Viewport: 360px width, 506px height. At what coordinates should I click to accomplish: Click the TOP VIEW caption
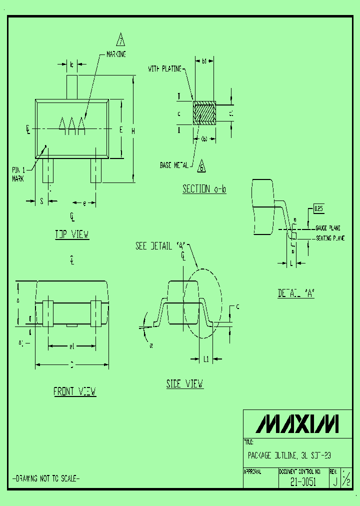coord(72,234)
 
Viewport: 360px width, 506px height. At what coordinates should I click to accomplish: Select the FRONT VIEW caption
coord(75,391)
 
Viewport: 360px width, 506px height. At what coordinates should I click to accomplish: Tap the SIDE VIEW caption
coord(185,383)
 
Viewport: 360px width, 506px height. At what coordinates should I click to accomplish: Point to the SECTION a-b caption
coord(204,189)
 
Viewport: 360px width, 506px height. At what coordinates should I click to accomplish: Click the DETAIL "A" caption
coord(296,294)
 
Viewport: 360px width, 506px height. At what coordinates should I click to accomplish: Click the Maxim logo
coord(297,423)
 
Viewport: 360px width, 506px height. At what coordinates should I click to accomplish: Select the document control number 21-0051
coord(303,483)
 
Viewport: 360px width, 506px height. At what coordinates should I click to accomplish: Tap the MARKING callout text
coord(116,54)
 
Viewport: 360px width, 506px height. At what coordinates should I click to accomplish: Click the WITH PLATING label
coord(164,69)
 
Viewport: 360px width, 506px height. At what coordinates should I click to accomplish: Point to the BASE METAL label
coord(174,164)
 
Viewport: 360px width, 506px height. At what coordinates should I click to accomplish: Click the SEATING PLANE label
coord(330,238)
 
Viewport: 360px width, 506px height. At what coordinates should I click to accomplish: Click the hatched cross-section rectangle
coord(204,113)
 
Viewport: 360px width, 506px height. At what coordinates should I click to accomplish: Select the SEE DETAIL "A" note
coord(160,246)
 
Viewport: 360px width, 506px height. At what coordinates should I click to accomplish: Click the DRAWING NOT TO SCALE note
coord(45,478)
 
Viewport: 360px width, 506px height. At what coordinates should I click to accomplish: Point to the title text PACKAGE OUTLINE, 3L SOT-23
coord(289,455)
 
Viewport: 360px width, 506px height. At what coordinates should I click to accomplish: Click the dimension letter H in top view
coord(132,130)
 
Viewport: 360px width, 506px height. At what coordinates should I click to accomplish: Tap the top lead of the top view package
coord(72,86)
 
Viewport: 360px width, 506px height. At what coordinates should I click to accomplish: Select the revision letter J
coord(334,482)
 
